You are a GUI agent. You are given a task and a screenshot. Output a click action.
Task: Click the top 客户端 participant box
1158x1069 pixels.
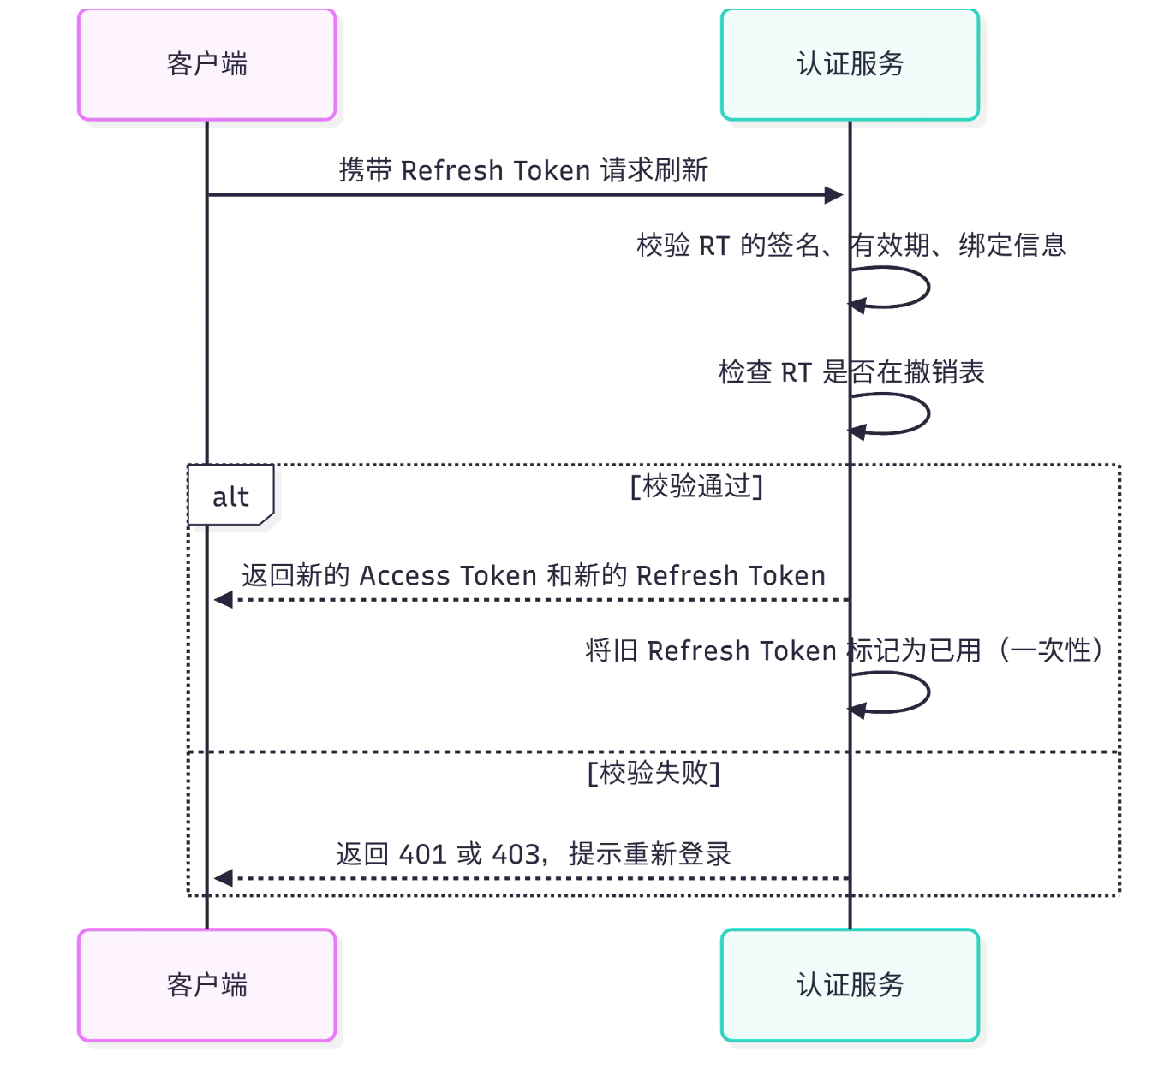pyautogui.click(x=206, y=65)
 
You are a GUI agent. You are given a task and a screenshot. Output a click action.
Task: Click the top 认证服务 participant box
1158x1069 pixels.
pyautogui.click(x=850, y=65)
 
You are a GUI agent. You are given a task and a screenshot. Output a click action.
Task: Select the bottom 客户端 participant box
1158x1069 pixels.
pyautogui.click(x=206, y=985)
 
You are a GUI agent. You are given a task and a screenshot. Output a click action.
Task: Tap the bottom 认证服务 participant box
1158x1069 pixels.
pyautogui.click(x=850, y=985)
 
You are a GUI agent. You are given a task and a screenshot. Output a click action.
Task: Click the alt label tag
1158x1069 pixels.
pyautogui.click(x=230, y=496)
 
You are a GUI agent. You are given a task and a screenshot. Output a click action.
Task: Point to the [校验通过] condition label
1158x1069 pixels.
pyautogui.click(x=696, y=486)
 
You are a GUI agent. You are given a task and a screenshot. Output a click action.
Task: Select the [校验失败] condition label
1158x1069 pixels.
pyautogui.click(x=654, y=773)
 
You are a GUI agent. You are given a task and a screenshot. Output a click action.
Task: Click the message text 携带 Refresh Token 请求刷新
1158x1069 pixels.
pyautogui.click(x=523, y=170)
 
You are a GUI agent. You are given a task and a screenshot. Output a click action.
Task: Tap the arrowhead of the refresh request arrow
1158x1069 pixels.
pyautogui.click(x=833, y=195)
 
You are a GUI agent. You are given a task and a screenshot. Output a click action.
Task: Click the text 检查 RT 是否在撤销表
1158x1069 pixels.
pyautogui.click(x=851, y=372)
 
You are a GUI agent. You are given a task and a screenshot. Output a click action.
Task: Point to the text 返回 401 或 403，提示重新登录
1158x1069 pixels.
pyautogui.click(x=533, y=854)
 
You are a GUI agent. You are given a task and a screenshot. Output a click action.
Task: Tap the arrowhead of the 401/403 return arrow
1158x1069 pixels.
pyautogui.click(x=224, y=878)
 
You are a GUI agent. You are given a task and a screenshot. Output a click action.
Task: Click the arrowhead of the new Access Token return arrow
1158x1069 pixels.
pyautogui.click(x=224, y=600)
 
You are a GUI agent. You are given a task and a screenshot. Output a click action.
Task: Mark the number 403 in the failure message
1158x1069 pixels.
pyautogui.click(x=516, y=854)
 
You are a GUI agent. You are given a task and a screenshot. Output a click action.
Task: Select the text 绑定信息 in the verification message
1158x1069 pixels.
pyautogui.click(x=1012, y=246)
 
